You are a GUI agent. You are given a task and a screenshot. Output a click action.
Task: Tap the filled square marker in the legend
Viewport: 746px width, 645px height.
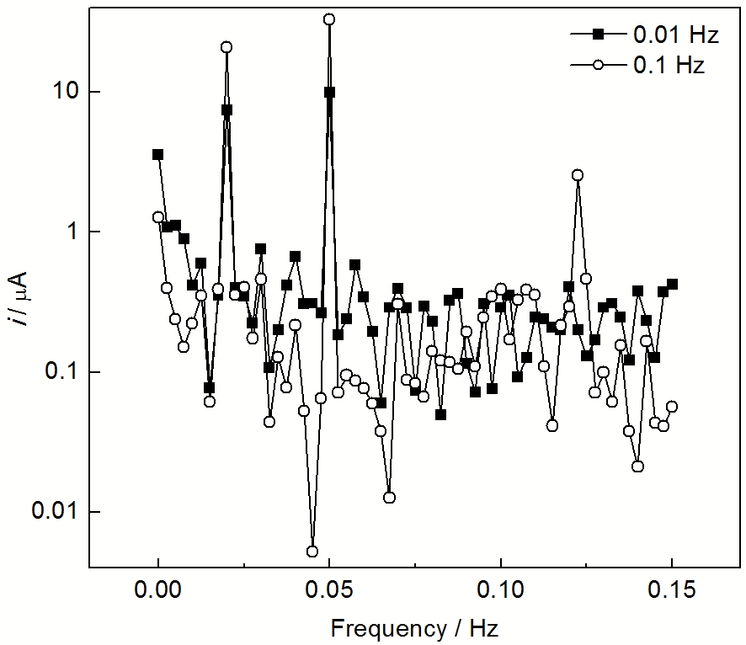point(599,35)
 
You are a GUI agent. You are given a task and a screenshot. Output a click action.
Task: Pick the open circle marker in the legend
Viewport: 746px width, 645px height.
point(599,65)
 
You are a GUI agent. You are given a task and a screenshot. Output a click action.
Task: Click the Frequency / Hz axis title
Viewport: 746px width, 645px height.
point(415,627)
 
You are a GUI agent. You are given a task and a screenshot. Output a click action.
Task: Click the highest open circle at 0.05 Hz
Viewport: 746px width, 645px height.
point(329,19)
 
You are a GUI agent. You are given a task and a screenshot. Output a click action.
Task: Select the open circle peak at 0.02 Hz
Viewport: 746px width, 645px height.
point(226,47)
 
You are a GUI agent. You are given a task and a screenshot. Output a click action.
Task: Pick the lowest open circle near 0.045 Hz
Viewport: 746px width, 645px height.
point(312,552)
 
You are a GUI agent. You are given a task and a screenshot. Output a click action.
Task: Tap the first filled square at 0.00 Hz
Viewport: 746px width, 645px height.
point(157,154)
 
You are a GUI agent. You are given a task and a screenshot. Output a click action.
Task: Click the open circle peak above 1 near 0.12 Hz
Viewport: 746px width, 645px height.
point(578,175)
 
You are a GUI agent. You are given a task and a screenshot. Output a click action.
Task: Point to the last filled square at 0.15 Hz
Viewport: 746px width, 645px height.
point(672,284)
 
